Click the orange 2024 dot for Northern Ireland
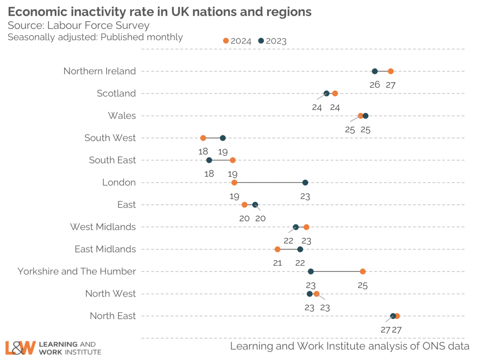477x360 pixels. pyautogui.click(x=390, y=71)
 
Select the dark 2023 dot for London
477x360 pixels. pyautogui.click(x=305, y=182)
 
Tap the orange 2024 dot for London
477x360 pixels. pyautogui.click(x=234, y=182)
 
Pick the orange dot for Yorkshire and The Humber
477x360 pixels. pyautogui.click(x=363, y=271)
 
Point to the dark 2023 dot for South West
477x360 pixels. pyautogui.click(x=223, y=138)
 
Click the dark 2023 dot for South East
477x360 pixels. pyautogui.click(x=209, y=160)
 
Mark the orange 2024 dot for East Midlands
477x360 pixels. pyautogui.click(x=277, y=249)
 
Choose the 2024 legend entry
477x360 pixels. pyautogui.click(x=237, y=41)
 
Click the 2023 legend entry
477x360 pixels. pyautogui.click(x=272, y=41)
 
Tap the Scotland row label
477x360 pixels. pyautogui.click(x=116, y=93)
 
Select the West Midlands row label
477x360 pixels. pyautogui.click(x=103, y=227)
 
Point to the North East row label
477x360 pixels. pyautogui.click(x=112, y=316)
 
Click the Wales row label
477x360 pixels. pyautogui.click(x=122, y=116)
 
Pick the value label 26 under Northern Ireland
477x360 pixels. pyautogui.click(x=374, y=84)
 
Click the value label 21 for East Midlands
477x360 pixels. pyautogui.click(x=277, y=262)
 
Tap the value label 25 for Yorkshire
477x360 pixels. pyautogui.click(x=363, y=285)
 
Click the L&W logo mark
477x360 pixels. pyautogui.click(x=20, y=347)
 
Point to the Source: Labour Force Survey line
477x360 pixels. pyautogui.click(x=79, y=26)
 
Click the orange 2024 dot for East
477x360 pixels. pyautogui.click(x=244, y=205)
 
